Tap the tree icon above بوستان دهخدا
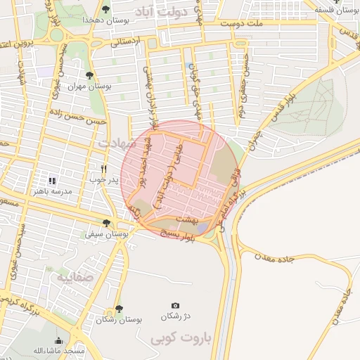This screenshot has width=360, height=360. [105, 9]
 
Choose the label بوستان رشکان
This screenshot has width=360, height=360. [119, 319]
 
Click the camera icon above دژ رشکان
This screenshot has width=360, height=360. [175, 306]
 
